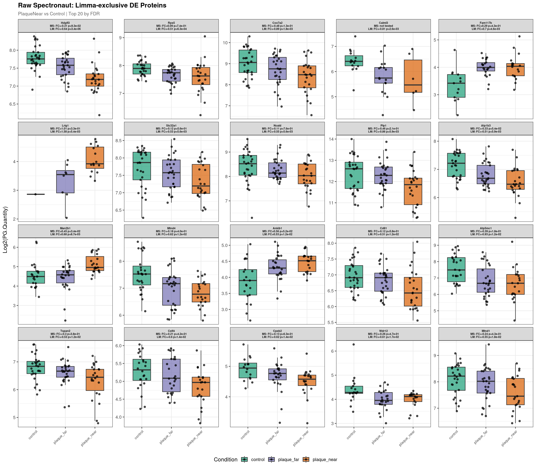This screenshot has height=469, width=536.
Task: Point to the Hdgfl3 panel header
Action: point(65,26)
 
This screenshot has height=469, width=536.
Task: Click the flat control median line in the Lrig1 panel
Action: point(36,194)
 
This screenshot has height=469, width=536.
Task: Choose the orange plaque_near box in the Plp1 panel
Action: point(413,191)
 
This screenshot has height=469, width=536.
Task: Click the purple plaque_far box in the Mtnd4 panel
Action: point(171,291)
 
